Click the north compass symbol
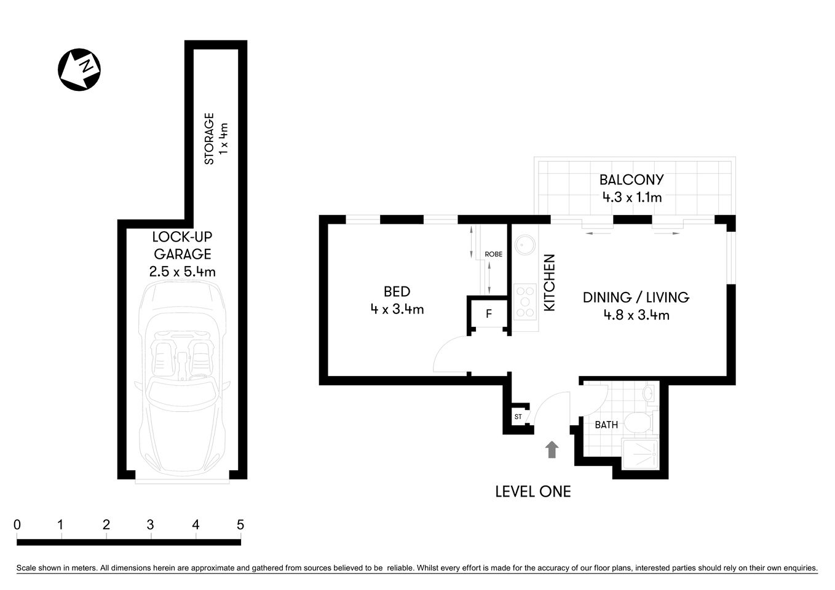point(79,69)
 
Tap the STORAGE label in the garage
point(209,138)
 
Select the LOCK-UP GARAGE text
point(182,245)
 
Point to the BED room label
point(397,291)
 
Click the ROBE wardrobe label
point(493,254)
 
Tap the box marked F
point(489,314)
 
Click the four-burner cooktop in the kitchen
point(524,301)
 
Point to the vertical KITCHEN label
point(549,282)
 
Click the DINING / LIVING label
point(636,297)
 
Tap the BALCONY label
point(631,179)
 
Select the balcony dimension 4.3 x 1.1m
point(631,197)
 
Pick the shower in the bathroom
point(640,454)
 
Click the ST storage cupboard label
point(518,417)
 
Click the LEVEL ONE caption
point(533,491)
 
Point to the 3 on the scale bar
point(150,525)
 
